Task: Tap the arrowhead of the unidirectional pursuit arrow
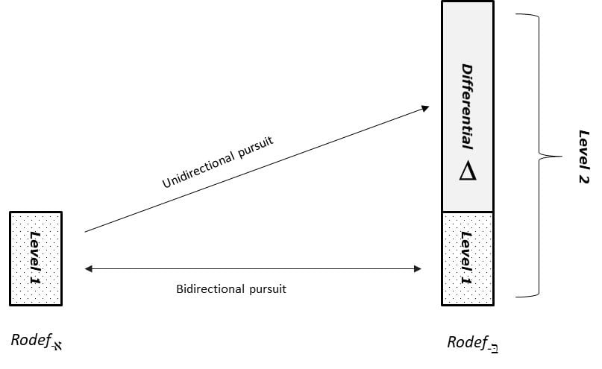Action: tap(425, 108)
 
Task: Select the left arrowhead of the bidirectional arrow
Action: tap(88, 269)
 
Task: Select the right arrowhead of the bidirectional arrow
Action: tap(418, 269)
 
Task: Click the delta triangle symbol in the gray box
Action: tap(468, 171)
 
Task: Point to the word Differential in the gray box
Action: tap(467, 107)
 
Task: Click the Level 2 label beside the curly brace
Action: tap(583, 157)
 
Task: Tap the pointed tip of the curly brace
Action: tap(561, 157)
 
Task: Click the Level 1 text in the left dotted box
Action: tap(35, 258)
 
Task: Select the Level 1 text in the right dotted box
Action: tap(466, 258)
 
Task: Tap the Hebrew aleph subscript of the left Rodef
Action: tap(57, 346)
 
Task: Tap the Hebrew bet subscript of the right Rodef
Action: tap(493, 348)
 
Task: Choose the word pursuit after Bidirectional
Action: tap(268, 289)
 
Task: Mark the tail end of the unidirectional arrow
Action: tap(85, 232)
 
